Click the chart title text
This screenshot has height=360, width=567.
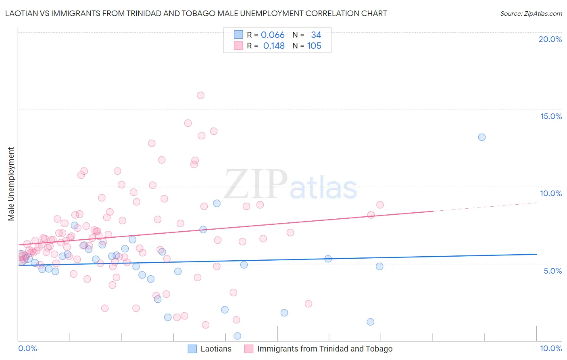[196, 14]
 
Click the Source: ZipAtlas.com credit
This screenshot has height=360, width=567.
[531, 14]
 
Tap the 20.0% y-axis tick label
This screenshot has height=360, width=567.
[550, 39]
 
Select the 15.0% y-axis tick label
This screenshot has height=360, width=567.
[551, 116]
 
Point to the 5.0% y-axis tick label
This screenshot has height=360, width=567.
[552, 271]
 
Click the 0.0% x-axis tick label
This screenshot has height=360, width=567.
[27, 348]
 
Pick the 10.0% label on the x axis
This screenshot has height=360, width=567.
[550, 348]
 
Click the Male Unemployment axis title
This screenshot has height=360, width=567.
[11, 184]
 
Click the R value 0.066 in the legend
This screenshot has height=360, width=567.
[273, 35]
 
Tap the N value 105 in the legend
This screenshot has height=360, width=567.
[314, 46]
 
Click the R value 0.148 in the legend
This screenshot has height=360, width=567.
[274, 46]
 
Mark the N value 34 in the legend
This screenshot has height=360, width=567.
[316, 35]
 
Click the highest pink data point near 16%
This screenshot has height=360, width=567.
[200, 95]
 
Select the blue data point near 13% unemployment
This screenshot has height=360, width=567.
[482, 137]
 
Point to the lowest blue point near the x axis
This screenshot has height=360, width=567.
[238, 336]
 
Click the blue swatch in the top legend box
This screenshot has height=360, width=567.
[238, 35]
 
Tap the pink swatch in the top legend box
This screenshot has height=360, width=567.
[238, 46]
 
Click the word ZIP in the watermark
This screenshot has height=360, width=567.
[255, 185]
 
